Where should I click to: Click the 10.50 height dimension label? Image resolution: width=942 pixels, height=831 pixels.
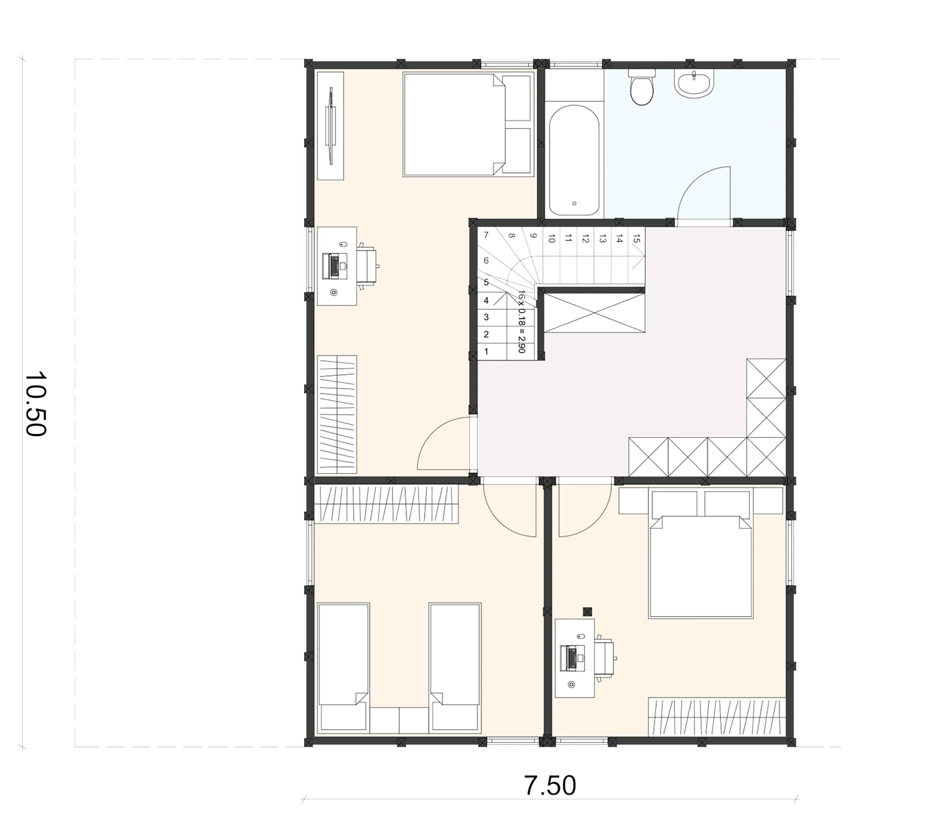(x=35, y=404)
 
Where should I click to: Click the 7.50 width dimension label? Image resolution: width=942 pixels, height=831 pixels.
(x=550, y=785)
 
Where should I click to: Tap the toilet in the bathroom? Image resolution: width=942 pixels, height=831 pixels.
(x=642, y=87)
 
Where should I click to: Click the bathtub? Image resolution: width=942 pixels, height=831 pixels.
(x=574, y=160)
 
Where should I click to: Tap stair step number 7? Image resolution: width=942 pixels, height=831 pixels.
(x=486, y=235)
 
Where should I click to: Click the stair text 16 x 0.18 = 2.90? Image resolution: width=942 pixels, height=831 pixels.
(x=521, y=321)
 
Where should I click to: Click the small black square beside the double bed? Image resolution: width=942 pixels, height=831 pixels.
(x=587, y=612)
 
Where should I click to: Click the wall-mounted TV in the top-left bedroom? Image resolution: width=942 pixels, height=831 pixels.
(x=331, y=125)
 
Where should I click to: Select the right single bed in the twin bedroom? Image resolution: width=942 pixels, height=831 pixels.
(x=455, y=667)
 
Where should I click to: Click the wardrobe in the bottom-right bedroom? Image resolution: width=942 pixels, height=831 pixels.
(x=717, y=717)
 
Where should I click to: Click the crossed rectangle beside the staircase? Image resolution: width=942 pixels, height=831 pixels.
(x=595, y=313)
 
